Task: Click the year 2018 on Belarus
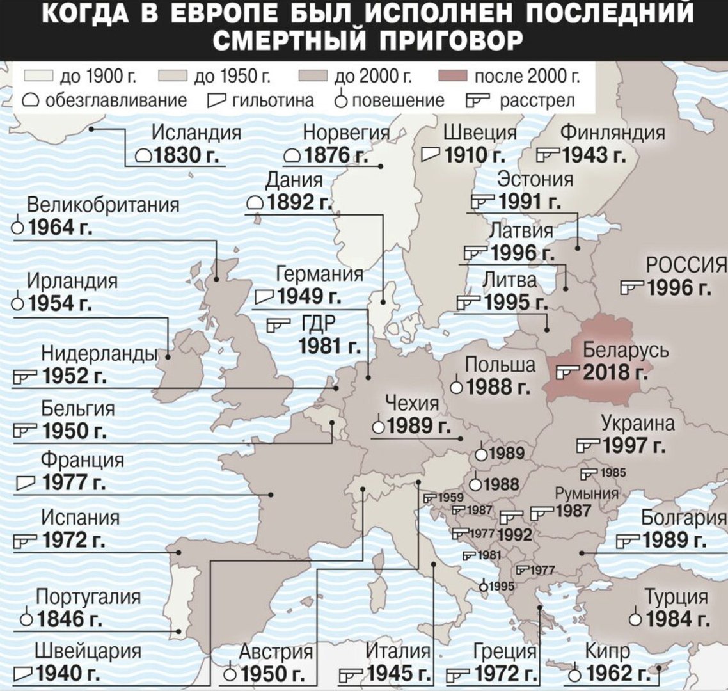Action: pos(614,372)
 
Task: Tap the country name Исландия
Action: pos(196,132)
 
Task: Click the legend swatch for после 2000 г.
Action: pos(454,77)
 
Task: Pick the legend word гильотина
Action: pos(273,100)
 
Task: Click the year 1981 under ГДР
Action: pos(329,346)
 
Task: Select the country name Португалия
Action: pos(88,596)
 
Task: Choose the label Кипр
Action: pos(608,651)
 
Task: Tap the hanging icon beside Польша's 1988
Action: pos(456,387)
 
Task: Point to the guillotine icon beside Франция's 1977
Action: pos(26,482)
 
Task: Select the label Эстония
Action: pos(535,179)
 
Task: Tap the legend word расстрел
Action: pos(538,100)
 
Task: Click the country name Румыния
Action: pos(587,493)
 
